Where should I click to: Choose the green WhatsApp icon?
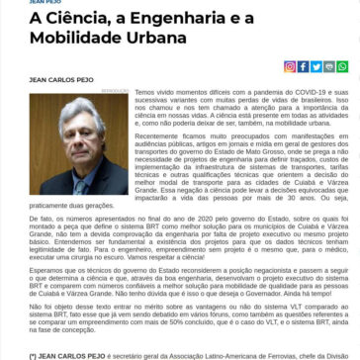pyautogui.click(x=328, y=67)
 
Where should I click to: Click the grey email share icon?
pyautogui.click(x=341, y=67)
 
